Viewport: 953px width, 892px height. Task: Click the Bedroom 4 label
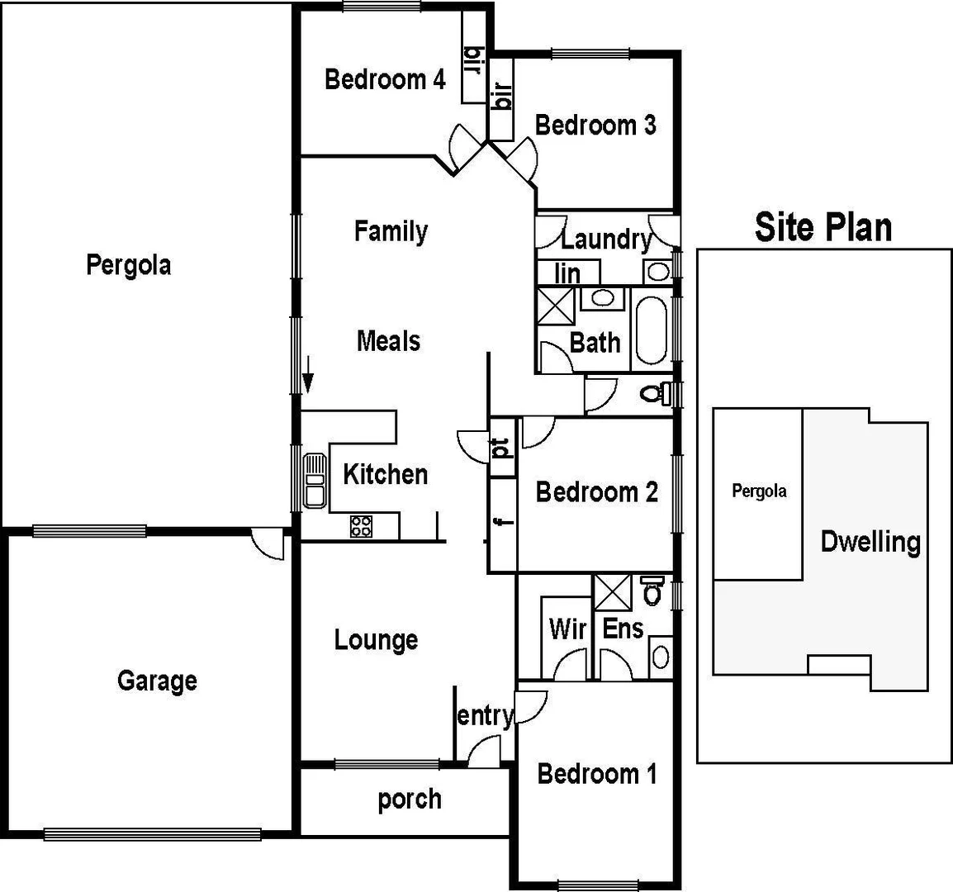[x=385, y=79]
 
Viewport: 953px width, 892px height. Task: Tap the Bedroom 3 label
[x=595, y=125]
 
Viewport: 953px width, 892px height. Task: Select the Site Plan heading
[x=823, y=226]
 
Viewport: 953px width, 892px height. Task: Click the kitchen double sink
[x=314, y=480]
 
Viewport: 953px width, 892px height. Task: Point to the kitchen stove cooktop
[x=361, y=526]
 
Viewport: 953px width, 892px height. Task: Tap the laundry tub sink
[x=657, y=272]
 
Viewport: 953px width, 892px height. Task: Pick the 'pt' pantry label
[x=501, y=448]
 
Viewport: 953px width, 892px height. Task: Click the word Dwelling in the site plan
[x=870, y=542]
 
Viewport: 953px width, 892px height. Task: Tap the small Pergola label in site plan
[x=759, y=491]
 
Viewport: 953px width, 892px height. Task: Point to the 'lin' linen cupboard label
[x=567, y=273]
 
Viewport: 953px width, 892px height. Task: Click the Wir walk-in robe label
[x=567, y=629]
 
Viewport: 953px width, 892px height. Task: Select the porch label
[x=410, y=799]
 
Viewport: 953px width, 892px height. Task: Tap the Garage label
[x=157, y=681]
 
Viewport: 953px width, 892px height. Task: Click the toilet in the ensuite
[x=652, y=590]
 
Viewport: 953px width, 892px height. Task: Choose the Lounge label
[x=376, y=640]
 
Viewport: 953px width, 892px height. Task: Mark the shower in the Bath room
[x=555, y=306]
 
